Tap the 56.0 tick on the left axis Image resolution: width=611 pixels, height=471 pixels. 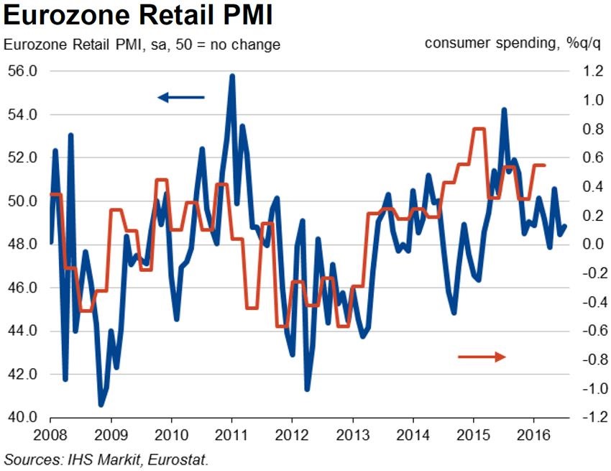pos(23,71)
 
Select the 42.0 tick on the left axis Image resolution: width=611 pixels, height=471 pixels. pos(23,375)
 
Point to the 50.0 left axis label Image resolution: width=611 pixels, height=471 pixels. pos(23,201)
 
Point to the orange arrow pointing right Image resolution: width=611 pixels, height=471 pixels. pos(482,356)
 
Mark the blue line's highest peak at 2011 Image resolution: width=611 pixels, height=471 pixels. pos(232,76)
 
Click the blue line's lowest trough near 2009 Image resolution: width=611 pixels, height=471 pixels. pos(102,405)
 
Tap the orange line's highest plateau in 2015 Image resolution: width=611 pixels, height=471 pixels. pos(479,129)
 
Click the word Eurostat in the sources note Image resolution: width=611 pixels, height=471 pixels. pos(183,458)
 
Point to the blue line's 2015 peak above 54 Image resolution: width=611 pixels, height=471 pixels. pos(504,110)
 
